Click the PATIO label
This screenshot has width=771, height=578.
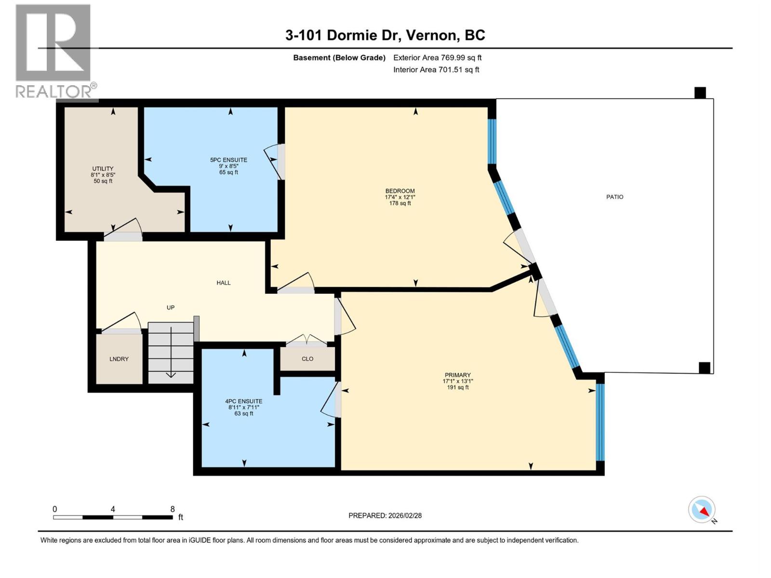pos(614,197)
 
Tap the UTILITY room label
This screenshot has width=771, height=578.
pos(103,169)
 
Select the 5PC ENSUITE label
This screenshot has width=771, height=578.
pos(228,160)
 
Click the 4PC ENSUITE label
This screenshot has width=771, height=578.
pos(243,401)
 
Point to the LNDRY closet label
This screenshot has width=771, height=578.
pos(119,359)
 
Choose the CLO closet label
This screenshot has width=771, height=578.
pos(307,359)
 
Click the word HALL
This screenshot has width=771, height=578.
pos(223,283)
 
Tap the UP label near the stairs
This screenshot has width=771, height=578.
pos(170,307)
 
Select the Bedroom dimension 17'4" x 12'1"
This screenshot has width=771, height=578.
pos(399,197)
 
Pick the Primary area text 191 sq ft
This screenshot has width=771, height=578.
pos(457,387)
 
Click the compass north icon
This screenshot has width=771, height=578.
pos(702,510)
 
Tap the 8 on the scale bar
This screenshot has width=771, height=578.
pos(172,509)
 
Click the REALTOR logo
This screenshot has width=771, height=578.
pos(54,51)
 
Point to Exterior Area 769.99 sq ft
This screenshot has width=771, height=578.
pos(437,58)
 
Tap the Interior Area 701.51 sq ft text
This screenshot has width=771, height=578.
pos(436,69)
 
